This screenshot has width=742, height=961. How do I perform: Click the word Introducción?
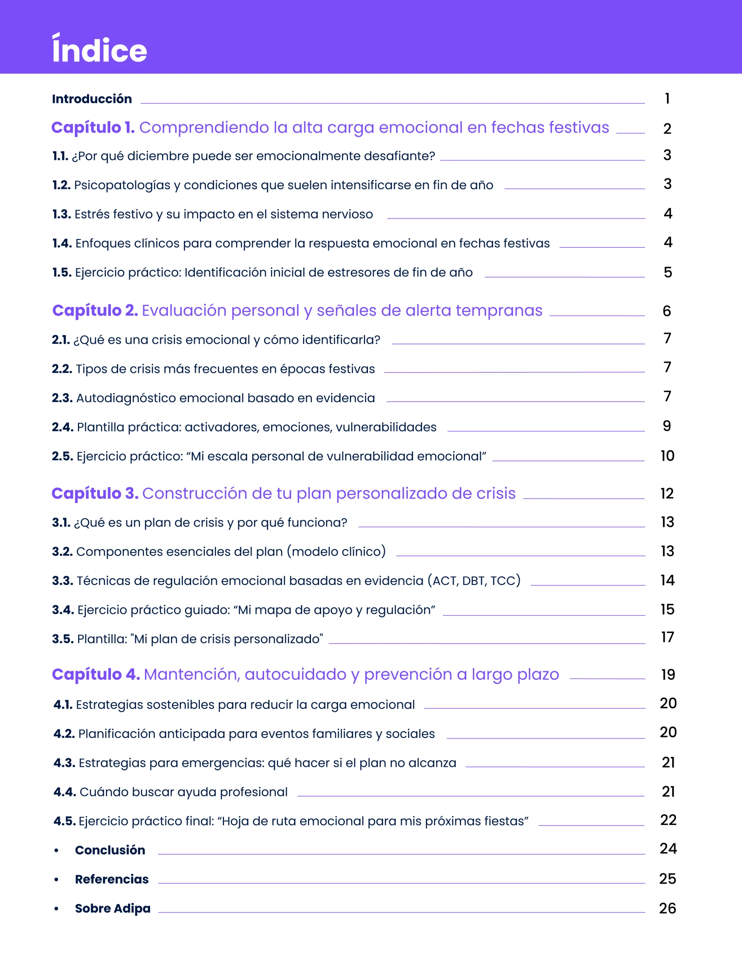click(x=92, y=99)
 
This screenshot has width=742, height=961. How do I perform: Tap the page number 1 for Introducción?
click(x=667, y=99)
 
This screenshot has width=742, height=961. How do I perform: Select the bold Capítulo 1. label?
click(x=93, y=128)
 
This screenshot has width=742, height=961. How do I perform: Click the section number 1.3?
click(x=61, y=214)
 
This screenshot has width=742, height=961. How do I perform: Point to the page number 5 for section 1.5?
click(x=668, y=273)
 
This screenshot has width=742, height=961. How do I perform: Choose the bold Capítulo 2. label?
click(x=95, y=311)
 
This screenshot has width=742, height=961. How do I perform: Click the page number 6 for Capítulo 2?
click(x=667, y=311)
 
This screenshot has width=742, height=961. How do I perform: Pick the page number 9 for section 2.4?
click(x=667, y=426)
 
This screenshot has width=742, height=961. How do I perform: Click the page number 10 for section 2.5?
click(x=667, y=456)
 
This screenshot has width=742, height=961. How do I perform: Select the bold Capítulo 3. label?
click(x=95, y=494)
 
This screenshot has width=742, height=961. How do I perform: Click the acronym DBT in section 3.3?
click(x=474, y=581)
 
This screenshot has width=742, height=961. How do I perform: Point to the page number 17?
click(x=667, y=637)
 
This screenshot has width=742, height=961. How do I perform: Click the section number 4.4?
click(x=65, y=792)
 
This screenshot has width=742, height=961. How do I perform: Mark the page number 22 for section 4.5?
click(x=668, y=820)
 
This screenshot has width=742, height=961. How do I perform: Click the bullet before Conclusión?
click(x=56, y=851)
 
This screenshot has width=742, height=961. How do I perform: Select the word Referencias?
click(x=112, y=879)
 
